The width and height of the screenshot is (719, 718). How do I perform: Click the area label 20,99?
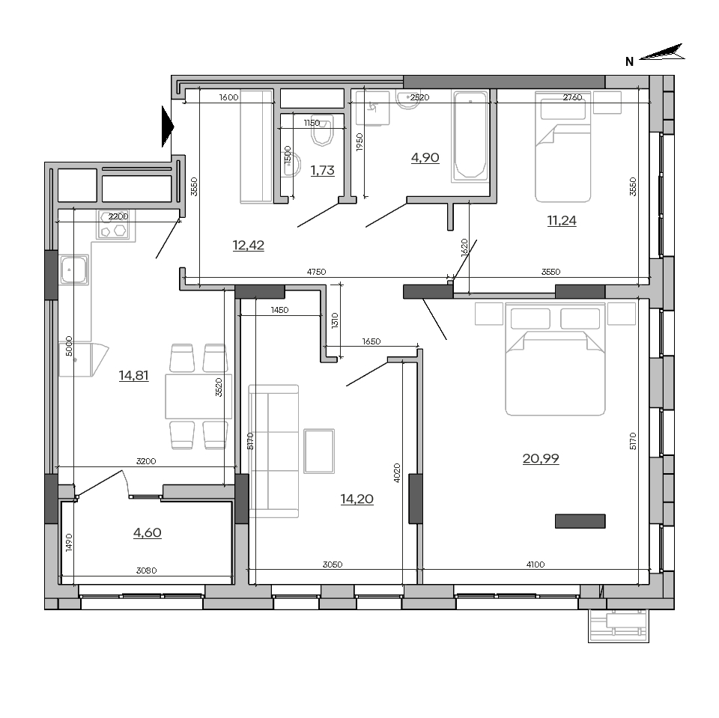pyautogui.click(x=541, y=458)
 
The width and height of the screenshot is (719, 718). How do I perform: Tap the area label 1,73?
pyautogui.click(x=322, y=170)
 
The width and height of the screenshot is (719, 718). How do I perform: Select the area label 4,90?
pyautogui.click(x=425, y=157)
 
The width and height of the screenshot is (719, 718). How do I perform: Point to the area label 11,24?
pyautogui.click(x=562, y=221)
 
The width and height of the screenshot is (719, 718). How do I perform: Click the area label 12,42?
pyautogui.click(x=249, y=246)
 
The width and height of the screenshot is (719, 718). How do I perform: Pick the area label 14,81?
pyautogui.click(x=133, y=376)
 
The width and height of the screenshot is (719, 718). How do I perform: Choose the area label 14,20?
pyautogui.click(x=357, y=499)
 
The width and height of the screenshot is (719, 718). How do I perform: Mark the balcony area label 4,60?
pyautogui.click(x=148, y=532)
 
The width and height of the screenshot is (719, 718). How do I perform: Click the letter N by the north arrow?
pyautogui.click(x=630, y=61)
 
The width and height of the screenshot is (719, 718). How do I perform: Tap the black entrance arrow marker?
pyautogui.click(x=168, y=126)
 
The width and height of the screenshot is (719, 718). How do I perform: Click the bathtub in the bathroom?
pyautogui.click(x=470, y=135)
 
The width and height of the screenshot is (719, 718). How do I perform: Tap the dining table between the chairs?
pyautogui.click(x=198, y=397)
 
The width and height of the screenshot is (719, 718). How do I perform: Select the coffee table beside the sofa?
pyautogui.click(x=319, y=451)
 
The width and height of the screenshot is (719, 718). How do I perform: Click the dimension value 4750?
pyautogui.click(x=316, y=272)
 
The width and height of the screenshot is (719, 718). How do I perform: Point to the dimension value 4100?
pyautogui.click(x=536, y=565)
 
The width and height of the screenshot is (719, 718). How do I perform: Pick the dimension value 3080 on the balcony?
pyautogui.click(x=146, y=571)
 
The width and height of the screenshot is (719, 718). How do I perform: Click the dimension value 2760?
pyautogui.click(x=572, y=97)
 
